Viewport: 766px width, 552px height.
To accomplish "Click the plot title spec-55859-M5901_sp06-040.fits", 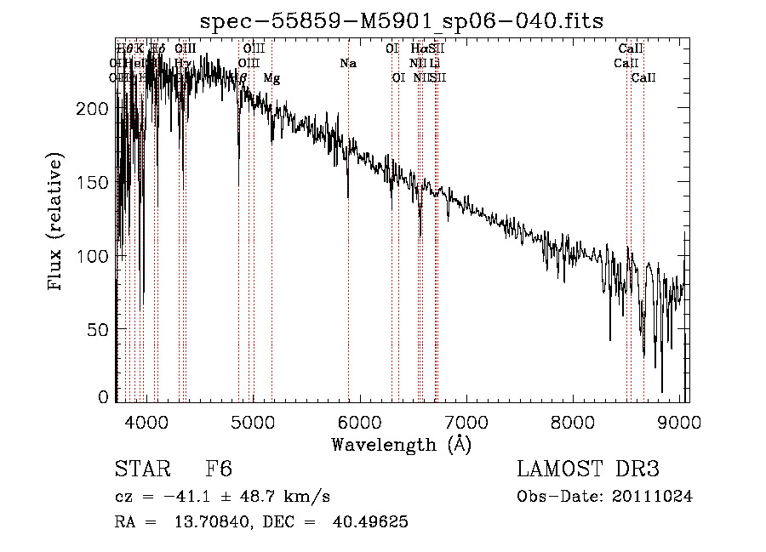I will (x=403, y=20).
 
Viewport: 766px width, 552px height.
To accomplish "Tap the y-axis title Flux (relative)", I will (x=57, y=224).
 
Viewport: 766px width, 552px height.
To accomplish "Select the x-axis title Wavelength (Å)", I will (x=401, y=444).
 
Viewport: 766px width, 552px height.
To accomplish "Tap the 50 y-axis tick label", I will (x=99, y=328).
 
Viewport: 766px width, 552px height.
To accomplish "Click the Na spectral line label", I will (x=347, y=63).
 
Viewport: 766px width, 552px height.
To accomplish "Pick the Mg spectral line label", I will (x=272, y=78).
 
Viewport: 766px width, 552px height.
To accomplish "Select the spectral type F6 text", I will (x=219, y=469).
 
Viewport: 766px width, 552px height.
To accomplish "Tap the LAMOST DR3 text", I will (x=588, y=469).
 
